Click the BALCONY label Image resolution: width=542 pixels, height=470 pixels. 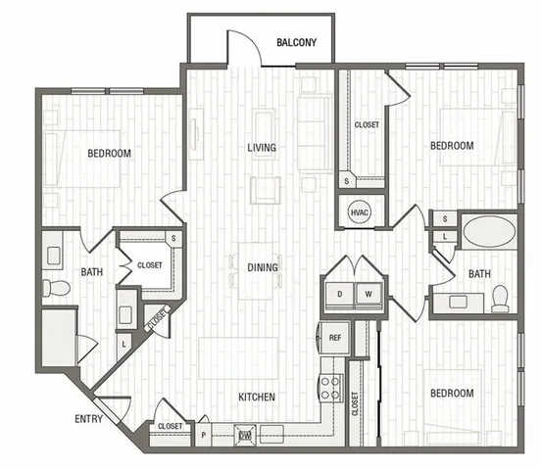[x=296, y=42]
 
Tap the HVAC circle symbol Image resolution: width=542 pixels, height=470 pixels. [x=359, y=212]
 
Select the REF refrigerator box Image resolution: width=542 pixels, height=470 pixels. [x=334, y=338]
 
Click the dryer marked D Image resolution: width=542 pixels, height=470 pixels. [x=340, y=295]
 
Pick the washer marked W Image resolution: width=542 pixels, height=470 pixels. [x=369, y=295]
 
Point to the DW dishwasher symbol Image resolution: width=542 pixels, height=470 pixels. [x=245, y=435]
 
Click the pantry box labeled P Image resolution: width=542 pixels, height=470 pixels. [x=204, y=435]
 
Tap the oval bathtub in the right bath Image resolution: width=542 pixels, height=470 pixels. [x=489, y=231]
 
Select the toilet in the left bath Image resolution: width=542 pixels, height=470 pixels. [x=56, y=288]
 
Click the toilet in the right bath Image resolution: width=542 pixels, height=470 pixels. [x=500, y=299]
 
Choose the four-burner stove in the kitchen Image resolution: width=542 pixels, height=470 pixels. [x=331, y=388]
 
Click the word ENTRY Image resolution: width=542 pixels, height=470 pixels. [x=88, y=419]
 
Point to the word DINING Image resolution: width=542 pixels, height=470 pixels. [x=263, y=267]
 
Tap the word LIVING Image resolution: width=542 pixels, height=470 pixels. [x=262, y=148]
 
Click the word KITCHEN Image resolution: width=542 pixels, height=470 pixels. [x=257, y=397]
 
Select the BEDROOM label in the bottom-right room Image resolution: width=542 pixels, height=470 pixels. [x=452, y=393]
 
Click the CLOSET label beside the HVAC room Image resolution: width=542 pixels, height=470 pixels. [x=367, y=124]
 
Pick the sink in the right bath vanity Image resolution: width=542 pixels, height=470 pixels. [x=458, y=302]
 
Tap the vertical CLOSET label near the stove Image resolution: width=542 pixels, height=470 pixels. [x=355, y=403]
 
